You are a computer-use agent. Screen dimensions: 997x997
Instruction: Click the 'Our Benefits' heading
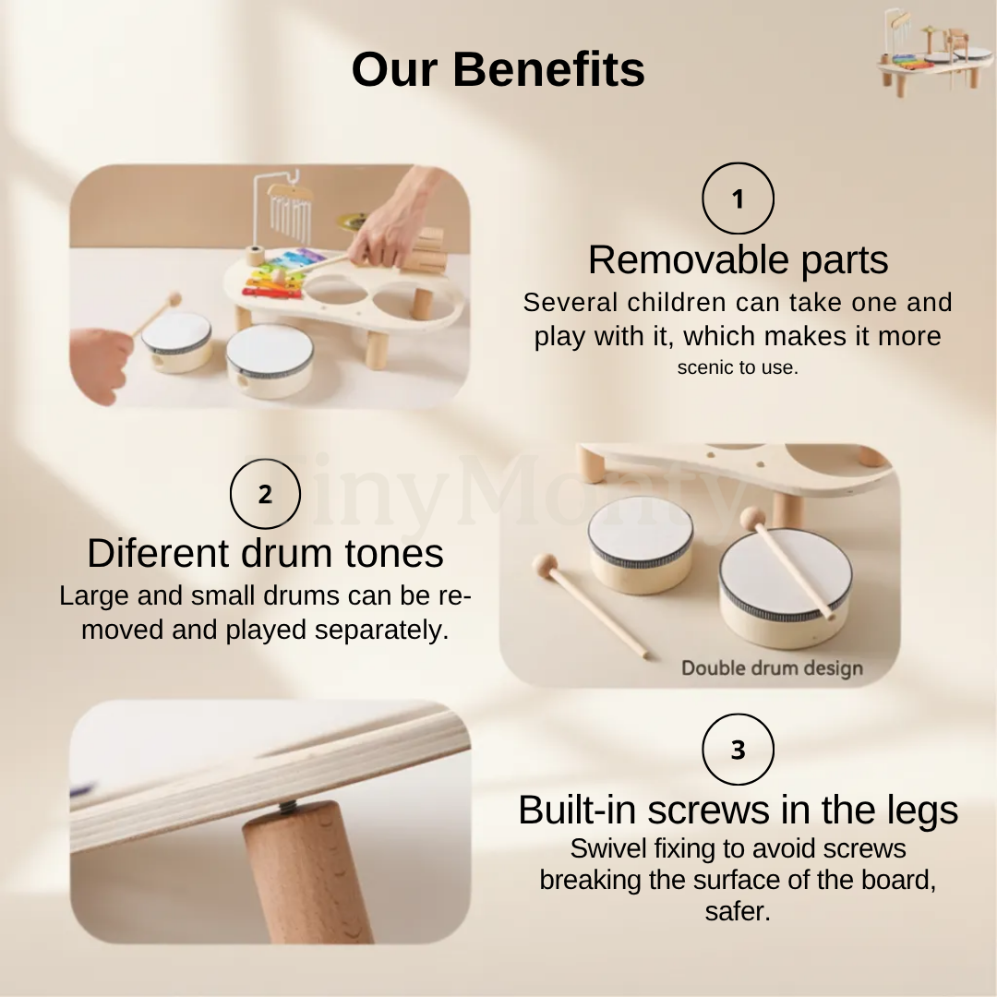tap(498, 69)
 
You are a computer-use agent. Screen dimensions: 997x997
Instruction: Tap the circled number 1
tap(738, 198)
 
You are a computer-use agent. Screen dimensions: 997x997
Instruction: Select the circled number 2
tap(265, 493)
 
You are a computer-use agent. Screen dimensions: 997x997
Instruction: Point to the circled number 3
tap(738, 750)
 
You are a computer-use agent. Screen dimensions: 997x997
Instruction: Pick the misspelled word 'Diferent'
tap(159, 553)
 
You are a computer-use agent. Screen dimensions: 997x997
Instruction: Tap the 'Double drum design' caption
tap(772, 668)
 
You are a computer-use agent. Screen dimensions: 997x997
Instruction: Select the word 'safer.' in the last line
tap(738, 911)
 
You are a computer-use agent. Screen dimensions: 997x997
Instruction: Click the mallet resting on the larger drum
tap(787, 563)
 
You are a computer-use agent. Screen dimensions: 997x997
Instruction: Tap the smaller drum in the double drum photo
tap(640, 545)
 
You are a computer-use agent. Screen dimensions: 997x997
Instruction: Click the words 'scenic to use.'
tap(738, 367)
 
